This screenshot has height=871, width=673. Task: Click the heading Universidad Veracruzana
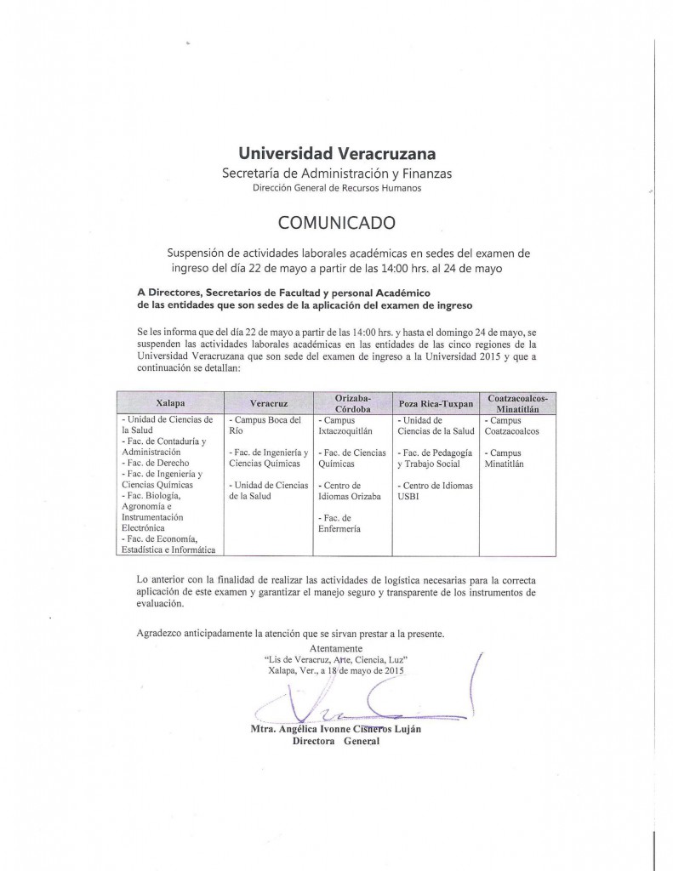[337, 154]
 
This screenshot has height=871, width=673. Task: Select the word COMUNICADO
[337, 224]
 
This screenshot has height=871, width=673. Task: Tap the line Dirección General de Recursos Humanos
[337, 187]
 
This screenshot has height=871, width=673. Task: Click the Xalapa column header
[170, 402]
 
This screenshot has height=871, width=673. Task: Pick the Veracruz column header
[267, 402]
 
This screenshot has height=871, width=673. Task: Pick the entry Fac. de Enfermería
[340, 523]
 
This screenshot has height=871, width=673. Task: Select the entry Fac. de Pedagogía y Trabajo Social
[433, 458]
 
